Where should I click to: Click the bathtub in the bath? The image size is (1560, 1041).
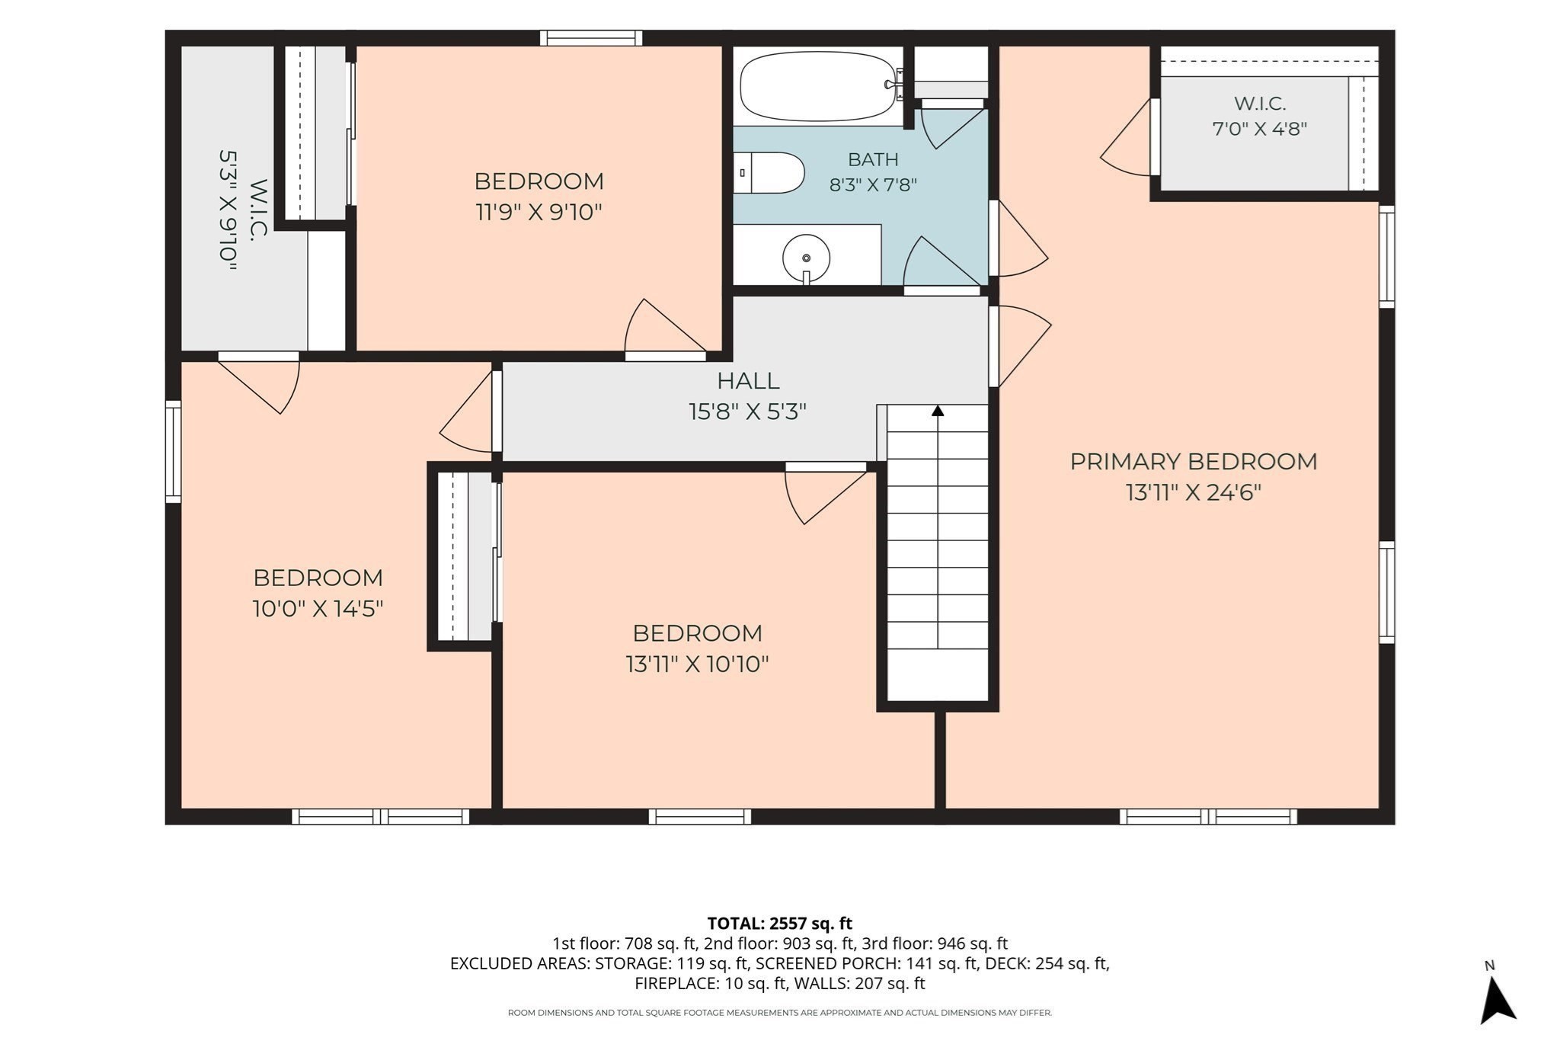[x=817, y=86]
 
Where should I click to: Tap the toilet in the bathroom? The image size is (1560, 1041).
[x=769, y=173]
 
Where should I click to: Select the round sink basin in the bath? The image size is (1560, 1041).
[x=806, y=258]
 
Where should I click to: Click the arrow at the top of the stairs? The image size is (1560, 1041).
[x=938, y=411]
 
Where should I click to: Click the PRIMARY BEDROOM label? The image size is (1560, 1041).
[x=1193, y=462]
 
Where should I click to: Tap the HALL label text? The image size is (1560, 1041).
[x=748, y=380]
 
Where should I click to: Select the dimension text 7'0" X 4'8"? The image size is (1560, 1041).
[x=1259, y=129]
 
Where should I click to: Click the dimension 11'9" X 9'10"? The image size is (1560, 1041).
[x=539, y=212]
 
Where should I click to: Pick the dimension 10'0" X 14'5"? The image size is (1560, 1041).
[x=318, y=609]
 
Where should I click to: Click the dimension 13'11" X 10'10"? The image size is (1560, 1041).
[x=697, y=665]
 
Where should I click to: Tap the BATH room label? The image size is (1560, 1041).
[x=873, y=159]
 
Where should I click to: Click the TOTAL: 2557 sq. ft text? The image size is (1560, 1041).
[x=779, y=924]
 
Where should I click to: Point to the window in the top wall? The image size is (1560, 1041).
[x=591, y=38]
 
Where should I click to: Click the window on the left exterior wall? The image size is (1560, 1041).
[x=174, y=452]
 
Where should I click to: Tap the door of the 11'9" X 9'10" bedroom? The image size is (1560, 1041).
[x=665, y=330]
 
